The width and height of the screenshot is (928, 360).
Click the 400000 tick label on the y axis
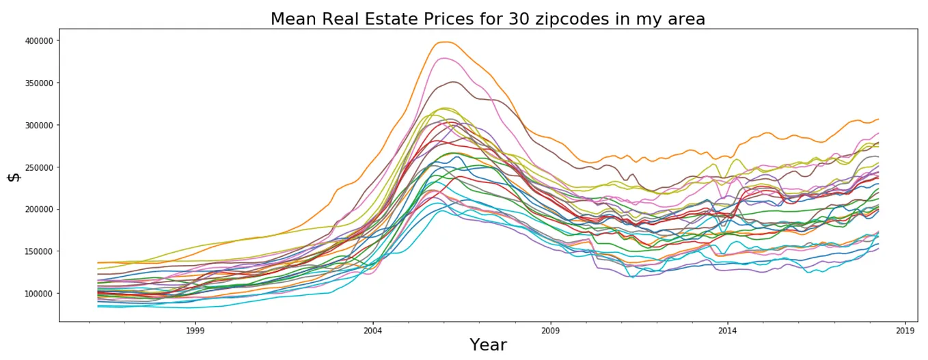tap(40, 41)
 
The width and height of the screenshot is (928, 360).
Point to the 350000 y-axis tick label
tap(40, 83)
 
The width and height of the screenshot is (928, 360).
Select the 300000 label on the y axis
tap(40, 125)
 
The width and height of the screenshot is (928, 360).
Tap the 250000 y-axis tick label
tap(40, 167)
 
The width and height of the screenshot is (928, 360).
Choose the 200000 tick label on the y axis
tap(40, 210)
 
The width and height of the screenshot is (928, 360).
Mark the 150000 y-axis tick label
tap(40, 251)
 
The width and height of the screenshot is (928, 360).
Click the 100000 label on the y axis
tap(40, 294)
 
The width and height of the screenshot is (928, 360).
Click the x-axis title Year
tap(488, 345)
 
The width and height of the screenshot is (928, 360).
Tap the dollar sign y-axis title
tap(14, 177)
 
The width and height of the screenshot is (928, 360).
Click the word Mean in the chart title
tap(292, 19)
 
